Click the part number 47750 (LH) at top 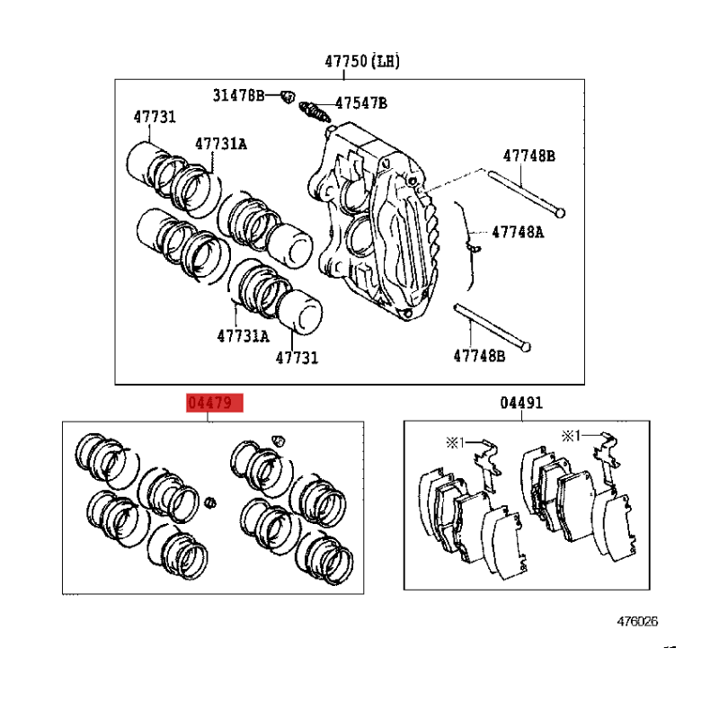click(362, 61)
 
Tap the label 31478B click(239, 95)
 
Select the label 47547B click(361, 103)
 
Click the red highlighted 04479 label click(215, 403)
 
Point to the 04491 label click(521, 403)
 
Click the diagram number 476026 click(637, 622)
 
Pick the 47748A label click(519, 233)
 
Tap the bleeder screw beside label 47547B click(315, 112)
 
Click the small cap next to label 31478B click(288, 97)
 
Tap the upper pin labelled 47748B click(527, 193)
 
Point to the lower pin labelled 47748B click(492, 327)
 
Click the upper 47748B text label click(529, 156)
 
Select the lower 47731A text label click(243, 336)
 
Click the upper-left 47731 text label click(155, 117)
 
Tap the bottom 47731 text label click(297, 358)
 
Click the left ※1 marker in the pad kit click(456, 442)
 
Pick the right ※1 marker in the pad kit click(572, 436)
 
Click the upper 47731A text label click(221, 144)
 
